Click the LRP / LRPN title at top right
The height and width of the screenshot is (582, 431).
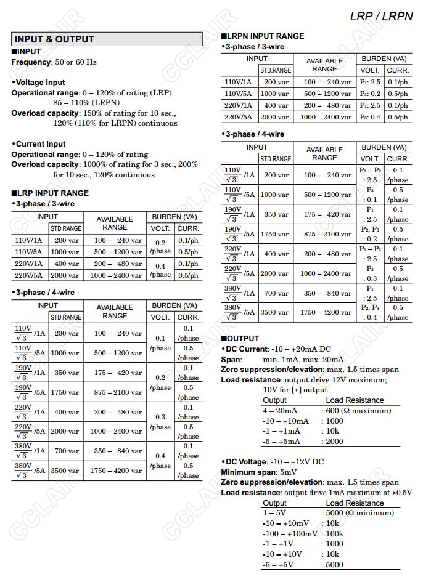[381, 17]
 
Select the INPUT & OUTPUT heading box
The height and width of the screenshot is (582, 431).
[107, 39]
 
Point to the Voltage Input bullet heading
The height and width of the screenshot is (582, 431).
[39, 83]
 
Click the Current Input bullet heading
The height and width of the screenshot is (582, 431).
[39, 144]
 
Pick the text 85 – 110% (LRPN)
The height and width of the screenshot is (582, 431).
[86, 103]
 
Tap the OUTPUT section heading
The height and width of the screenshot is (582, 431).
[242, 339]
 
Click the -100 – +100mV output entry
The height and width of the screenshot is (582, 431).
[290, 533]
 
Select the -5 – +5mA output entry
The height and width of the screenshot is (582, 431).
[281, 442]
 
